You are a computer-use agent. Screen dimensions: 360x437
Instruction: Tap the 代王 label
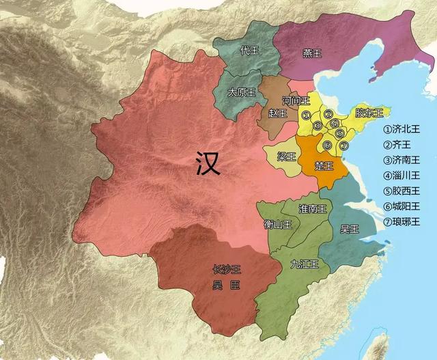coord(250,50)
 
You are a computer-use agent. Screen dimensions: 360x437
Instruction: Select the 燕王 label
coord(312,52)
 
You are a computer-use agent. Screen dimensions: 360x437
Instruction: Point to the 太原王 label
coord(241,92)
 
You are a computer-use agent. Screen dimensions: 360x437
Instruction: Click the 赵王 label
coord(277,113)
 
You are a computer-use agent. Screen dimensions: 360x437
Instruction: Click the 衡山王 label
coord(278,223)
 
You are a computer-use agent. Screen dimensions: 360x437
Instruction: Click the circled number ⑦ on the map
coord(343,146)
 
